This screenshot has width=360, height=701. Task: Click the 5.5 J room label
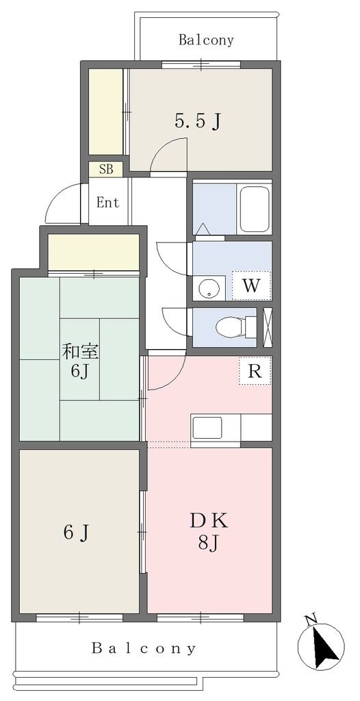point(198,120)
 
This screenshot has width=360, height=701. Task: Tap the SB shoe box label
point(105,170)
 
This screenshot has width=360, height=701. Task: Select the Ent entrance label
point(108,203)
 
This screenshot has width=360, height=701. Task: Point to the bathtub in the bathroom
point(255,209)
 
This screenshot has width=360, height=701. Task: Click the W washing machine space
point(251,285)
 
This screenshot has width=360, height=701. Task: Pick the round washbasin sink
point(208,288)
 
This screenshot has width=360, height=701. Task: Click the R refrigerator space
point(255,370)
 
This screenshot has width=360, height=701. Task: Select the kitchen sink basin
point(207,428)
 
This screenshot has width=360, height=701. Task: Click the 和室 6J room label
point(80,361)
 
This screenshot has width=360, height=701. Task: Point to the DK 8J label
point(209,531)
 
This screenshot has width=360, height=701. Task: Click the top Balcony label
point(206,40)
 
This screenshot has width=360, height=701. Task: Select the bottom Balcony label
point(144,648)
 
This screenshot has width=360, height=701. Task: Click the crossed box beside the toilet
point(268,328)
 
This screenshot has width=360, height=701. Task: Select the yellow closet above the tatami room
point(94,252)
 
